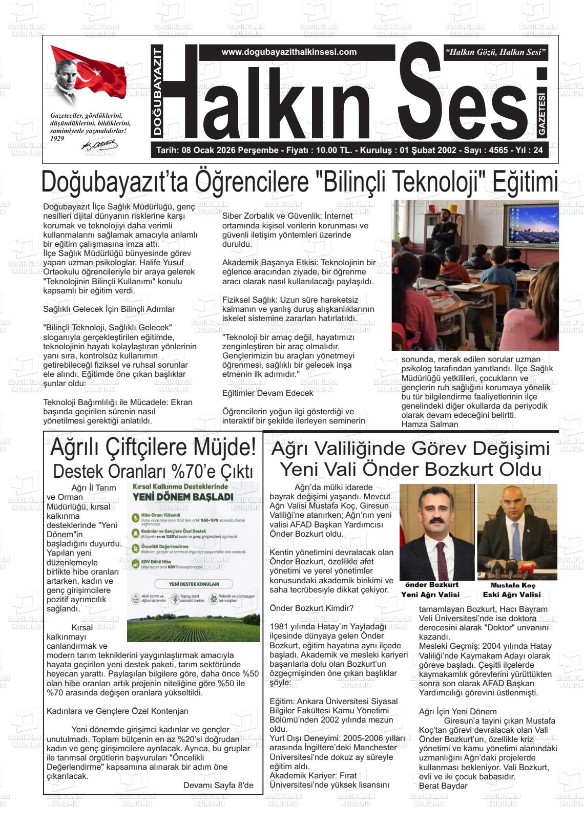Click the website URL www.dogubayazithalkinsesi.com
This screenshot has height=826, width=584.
tap(289, 52)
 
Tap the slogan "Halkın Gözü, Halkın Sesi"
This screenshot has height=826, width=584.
tap(496, 52)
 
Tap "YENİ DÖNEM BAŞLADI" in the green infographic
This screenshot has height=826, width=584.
tap(183, 497)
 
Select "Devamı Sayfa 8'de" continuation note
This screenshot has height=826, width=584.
tap(218, 785)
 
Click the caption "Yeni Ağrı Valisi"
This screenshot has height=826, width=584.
tap(430, 595)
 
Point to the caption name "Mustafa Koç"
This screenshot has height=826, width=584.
tap(513, 585)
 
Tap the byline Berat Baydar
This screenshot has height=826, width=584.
tap(443, 786)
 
